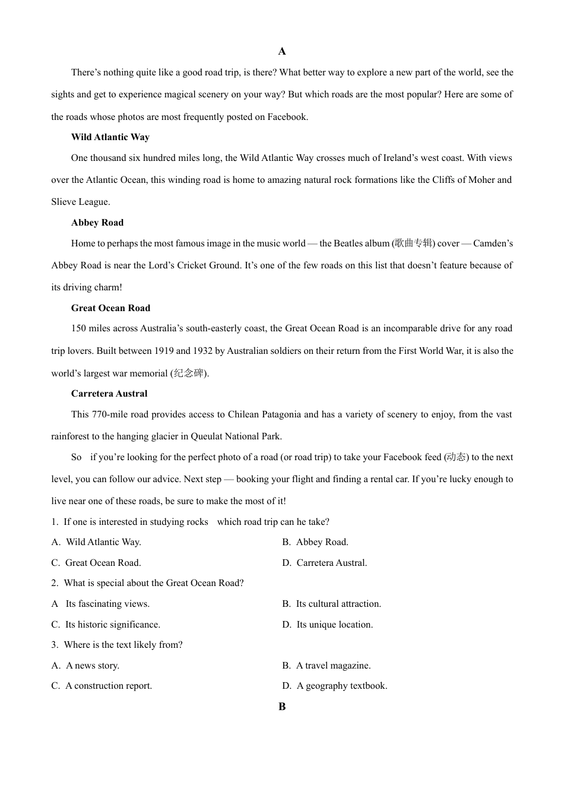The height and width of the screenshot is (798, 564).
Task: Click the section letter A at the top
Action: pyautogui.click(x=282, y=52)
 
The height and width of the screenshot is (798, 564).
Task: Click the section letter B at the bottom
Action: pyautogui.click(x=282, y=707)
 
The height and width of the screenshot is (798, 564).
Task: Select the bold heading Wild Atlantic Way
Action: pyautogui.click(x=110, y=137)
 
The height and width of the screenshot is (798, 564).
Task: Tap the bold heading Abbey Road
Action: pyautogui.click(x=97, y=223)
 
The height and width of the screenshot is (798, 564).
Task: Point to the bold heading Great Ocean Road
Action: pyautogui.click(x=110, y=308)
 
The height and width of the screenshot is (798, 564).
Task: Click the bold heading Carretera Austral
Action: pyautogui.click(x=109, y=394)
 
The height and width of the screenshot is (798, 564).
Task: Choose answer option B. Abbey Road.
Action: pyautogui.click(x=315, y=542)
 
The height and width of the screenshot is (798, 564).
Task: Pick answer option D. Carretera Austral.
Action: pyautogui.click(x=325, y=563)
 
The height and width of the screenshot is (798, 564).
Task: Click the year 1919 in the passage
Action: pyautogui.click(x=164, y=351)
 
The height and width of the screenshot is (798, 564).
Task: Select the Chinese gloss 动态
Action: pyautogui.click(x=456, y=457)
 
